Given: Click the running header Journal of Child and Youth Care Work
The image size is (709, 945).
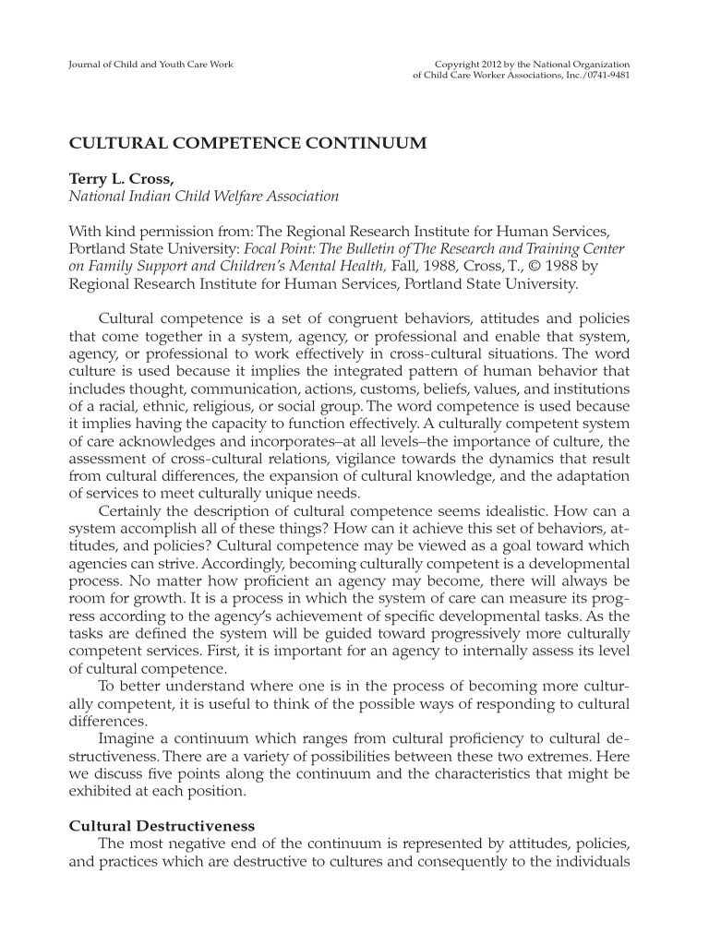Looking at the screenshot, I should pyautogui.click(x=151, y=64).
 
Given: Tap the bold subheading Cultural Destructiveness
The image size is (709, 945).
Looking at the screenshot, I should pyautogui.click(x=162, y=824).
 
